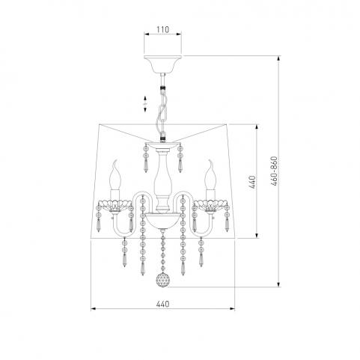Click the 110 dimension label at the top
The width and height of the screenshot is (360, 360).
162,30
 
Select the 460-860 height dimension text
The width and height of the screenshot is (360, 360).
274,171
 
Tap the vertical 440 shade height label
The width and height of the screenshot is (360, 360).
252,182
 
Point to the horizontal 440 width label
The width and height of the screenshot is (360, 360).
162,304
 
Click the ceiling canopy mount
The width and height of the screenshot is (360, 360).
162,64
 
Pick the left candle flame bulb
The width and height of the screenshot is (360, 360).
115,175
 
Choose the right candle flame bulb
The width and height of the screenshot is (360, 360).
210,175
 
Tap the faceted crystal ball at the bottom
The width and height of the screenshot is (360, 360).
162,281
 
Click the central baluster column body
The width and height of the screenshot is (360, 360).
162,179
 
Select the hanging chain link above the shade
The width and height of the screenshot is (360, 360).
162,107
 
